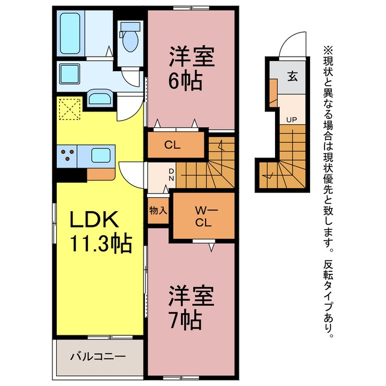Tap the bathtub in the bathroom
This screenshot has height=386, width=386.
point(70,33)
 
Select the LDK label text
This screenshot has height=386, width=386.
point(94,220)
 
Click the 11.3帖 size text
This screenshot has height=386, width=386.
point(101,244)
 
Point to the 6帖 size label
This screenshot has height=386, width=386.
point(185,81)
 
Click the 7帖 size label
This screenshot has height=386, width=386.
point(185,321)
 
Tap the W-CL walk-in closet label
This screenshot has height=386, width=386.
point(204,217)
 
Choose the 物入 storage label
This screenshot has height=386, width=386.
point(158,210)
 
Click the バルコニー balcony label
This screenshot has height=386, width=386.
point(98,356)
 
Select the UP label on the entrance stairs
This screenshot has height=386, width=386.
point(291,120)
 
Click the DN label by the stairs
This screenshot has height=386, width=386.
point(171,174)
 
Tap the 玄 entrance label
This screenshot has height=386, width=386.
point(292,77)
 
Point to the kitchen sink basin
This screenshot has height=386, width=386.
point(101,156)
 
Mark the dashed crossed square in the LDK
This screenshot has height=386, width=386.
point(70,109)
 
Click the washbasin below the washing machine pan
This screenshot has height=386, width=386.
point(100,98)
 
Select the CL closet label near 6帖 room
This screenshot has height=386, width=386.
point(172,145)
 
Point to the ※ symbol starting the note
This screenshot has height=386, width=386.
point(328,51)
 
